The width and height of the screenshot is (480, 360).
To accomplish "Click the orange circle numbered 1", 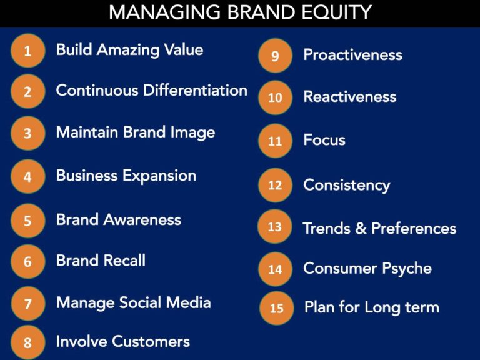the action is [28, 51].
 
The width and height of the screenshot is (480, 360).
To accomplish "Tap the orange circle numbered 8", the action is [28, 342].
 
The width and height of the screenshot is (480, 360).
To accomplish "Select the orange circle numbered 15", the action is [277, 308].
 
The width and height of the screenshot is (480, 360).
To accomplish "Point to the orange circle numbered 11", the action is [275, 141].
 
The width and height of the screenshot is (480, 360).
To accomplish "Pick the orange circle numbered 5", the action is [28, 221].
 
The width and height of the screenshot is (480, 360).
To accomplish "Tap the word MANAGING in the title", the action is [165, 12].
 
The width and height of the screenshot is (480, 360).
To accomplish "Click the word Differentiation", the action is [195, 90].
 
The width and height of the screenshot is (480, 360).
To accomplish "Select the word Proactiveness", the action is [352, 55].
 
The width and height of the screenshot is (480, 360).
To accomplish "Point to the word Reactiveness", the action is [350, 97].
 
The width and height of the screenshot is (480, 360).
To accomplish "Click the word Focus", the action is [324, 139].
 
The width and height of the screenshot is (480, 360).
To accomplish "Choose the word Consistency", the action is [347, 186].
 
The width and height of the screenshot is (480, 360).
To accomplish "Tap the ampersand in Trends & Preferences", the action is [361, 228].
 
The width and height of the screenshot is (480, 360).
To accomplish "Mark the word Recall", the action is [124, 261].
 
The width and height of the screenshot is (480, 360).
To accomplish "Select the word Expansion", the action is [159, 176].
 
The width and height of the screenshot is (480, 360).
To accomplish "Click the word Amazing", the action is [128, 50].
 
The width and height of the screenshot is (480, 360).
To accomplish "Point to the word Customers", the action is [152, 341].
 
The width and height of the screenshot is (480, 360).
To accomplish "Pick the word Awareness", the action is [142, 220].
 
